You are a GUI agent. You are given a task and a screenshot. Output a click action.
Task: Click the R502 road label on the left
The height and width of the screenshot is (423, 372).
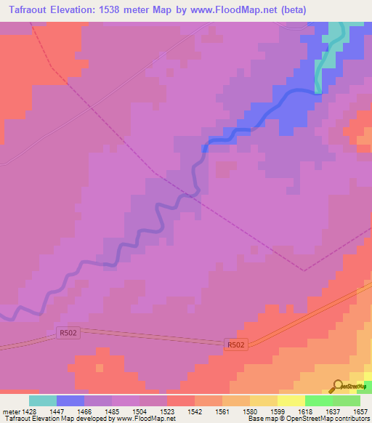(x=67, y=334)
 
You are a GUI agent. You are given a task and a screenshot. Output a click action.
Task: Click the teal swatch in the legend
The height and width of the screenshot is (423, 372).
(x=43, y=400)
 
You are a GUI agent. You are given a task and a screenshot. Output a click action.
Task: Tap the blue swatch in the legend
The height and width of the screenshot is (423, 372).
(x=70, y=400)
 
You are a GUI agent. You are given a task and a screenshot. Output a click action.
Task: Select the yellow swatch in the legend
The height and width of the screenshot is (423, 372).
(x=291, y=400)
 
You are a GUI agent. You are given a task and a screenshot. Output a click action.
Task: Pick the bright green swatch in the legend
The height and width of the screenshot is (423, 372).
(x=319, y=400)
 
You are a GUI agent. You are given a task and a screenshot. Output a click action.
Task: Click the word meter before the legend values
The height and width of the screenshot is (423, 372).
(x=12, y=411)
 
